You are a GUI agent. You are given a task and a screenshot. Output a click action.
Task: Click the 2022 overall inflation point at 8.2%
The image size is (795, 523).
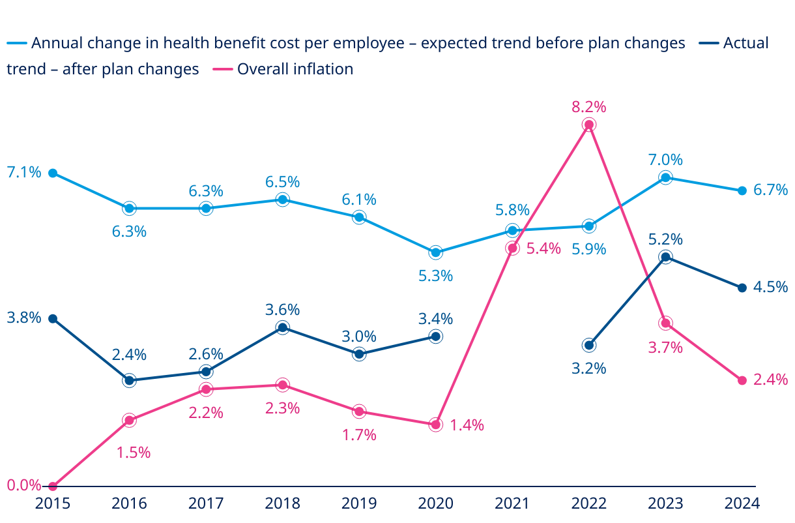pyautogui.click(x=589, y=125)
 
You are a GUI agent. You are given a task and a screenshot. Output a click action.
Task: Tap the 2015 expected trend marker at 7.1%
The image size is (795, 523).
pyautogui.click(x=53, y=173)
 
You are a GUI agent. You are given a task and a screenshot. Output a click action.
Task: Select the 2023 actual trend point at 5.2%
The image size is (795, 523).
pyautogui.click(x=665, y=257)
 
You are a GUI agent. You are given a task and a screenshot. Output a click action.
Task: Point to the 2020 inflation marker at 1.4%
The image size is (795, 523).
pyautogui.click(x=436, y=425)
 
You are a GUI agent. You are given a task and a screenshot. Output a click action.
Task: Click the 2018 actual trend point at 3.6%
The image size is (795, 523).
pyautogui.click(x=282, y=327)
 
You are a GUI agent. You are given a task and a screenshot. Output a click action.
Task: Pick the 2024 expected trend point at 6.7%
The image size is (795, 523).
pyautogui.click(x=742, y=190)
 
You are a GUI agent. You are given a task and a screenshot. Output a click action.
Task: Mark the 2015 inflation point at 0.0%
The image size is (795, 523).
pyautogui.click(x=53, y=486)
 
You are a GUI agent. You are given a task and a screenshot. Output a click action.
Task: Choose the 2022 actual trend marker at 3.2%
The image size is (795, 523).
pyautogui.click(x=589, y=345)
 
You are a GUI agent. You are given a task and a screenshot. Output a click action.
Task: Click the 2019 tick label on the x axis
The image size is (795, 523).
pyautogui.click(x=359, y=503)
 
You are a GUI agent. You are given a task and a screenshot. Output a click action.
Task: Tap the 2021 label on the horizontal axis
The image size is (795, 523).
pyautogui.click(x=512, y=503)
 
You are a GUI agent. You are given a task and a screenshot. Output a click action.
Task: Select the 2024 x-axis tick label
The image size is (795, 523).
pyautogui.click(x=742, y=503)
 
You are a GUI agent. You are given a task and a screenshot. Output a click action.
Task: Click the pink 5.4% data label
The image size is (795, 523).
pyautogui.click(x=543, y=248)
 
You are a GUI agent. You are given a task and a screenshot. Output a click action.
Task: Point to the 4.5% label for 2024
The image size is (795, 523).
pyautogui.click(x=770, y=287)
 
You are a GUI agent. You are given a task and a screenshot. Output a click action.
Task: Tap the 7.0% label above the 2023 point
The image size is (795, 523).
pyautogui.click(x=665, y=160)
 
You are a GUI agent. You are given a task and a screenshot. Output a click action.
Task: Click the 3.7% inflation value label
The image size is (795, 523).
pyautogui.click(x=665, y=348)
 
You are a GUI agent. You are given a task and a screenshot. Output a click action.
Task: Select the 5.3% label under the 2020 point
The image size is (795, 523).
pyautogui.click(x=436, y=276)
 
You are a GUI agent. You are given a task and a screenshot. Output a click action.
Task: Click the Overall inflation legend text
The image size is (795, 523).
pyautogui.click(x=295, y=69)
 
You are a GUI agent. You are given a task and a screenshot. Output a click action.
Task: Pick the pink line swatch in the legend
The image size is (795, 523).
pyautogui.click(x=223, y=69)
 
